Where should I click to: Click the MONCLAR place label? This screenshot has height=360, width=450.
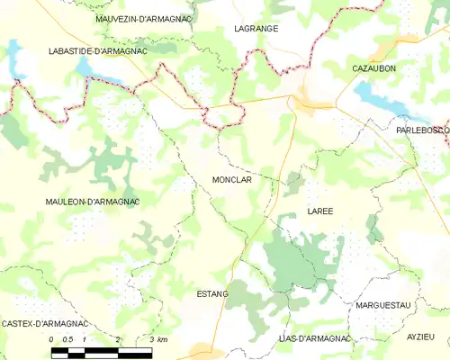pyautogui.click(x=231, y=180)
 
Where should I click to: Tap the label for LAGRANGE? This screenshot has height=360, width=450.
pyautogui.click(x=256, y=29)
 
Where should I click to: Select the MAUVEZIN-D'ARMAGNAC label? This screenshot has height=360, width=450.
pyautogui.click(x=144, y=18)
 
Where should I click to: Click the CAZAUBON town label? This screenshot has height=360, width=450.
pyautogui.click(x=375, y=68)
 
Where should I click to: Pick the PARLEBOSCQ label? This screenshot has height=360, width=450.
pyautogui.click(x=422, y=130)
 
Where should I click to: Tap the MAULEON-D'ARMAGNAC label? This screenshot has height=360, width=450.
pyautogui.click(x=91, y=202)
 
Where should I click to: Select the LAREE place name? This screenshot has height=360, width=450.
pyautogui.click(x=319, y=211)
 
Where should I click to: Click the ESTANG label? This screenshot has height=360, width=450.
pyautogui.click(x=212, y=294)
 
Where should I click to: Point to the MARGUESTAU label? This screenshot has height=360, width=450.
pyautogui.click(x=382, y=305)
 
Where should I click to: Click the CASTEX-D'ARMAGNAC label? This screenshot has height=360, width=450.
pyautogui.click(x=44, y=323)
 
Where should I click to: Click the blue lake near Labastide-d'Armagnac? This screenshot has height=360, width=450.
pyautogui.click(x=90, y=70)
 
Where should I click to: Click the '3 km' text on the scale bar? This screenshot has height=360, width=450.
pyautogui.click(x=157, y=339)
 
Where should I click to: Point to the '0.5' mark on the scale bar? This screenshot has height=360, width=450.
pyautogui.click(x=67, y=339)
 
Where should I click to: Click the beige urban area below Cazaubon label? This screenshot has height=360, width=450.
pyautogui.click(x=310, y=101)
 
